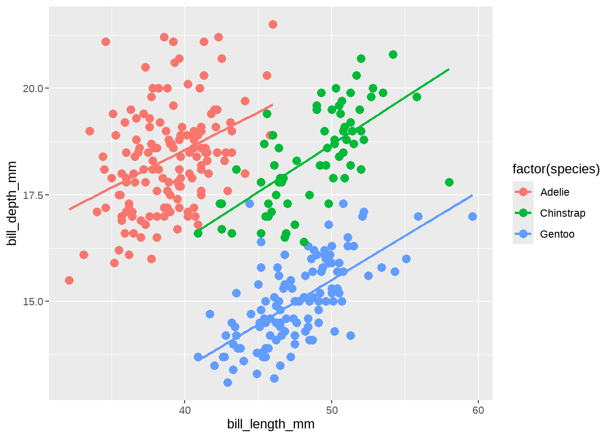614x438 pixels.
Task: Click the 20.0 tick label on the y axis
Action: [33, 89]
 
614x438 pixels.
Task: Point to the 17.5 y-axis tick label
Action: [33, 195]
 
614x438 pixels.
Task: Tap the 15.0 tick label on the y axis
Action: [33, 302]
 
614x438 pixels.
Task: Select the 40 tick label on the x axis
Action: [185, 410]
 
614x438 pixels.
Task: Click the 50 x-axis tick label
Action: [332, 410]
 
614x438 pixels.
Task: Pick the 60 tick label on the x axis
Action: [478, 410]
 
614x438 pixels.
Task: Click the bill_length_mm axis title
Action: [271, 424]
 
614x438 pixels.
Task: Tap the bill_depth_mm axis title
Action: [12, 203]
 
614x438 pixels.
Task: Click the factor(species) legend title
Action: [556, 169]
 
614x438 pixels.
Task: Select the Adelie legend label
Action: [555, 192]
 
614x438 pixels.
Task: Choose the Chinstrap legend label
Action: [562, 213]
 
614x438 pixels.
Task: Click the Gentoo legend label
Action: [557, 234]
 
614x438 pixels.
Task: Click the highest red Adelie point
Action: [273, 25]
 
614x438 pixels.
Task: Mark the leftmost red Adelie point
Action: [69, 280]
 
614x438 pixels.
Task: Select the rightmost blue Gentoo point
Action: [472, 216]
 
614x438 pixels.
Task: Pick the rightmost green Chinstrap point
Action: [449, 182]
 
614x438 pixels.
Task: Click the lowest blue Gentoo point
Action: [228, 382]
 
